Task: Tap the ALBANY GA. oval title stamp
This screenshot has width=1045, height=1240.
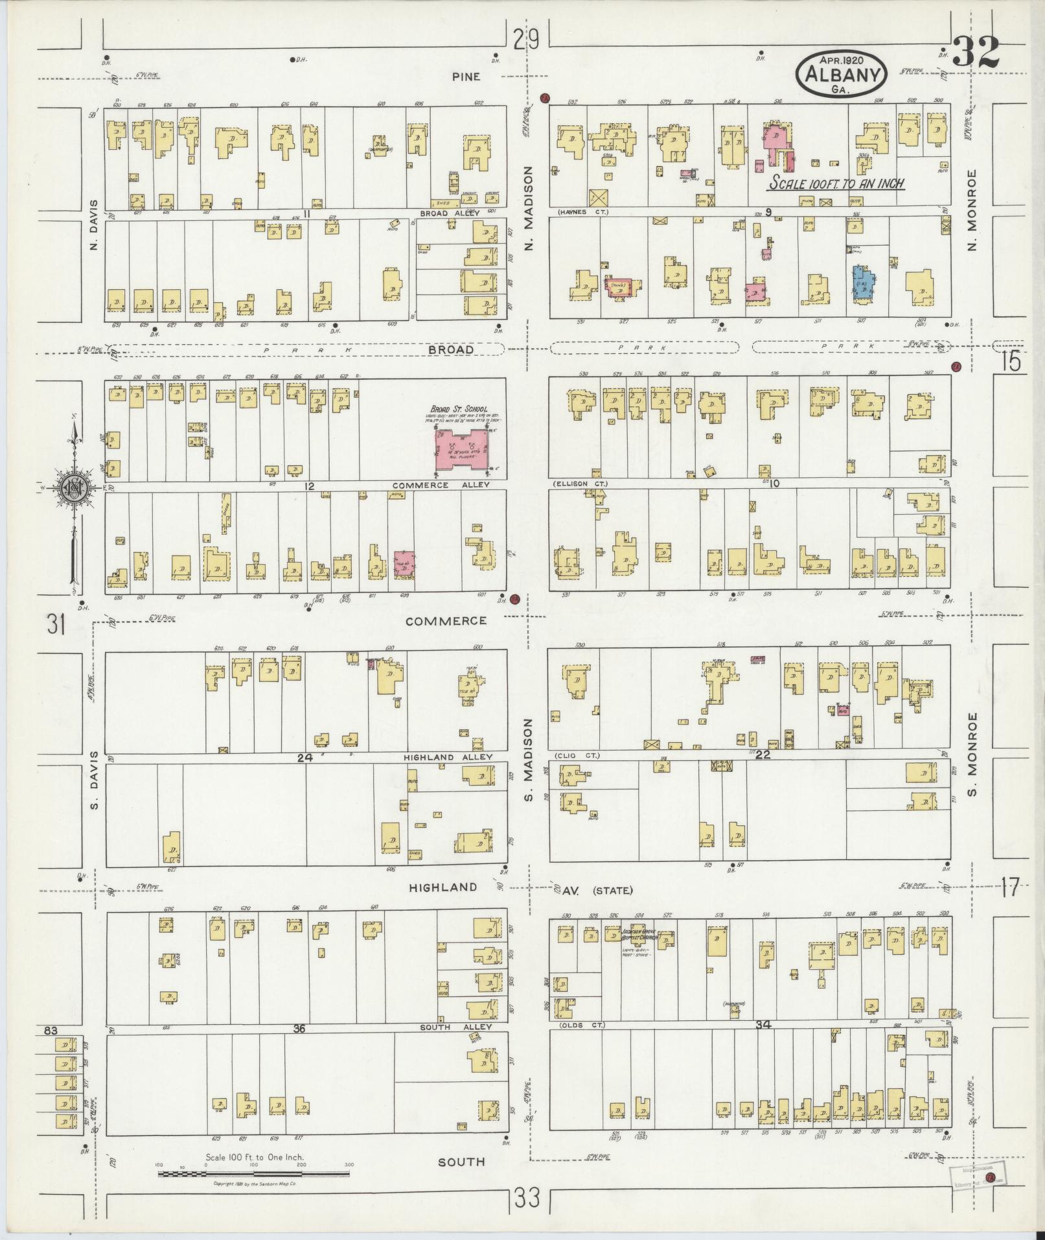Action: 841,74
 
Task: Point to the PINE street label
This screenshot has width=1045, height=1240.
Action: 466,76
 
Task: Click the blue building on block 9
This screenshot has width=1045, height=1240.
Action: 863,282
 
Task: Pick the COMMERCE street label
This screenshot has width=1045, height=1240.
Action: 446,620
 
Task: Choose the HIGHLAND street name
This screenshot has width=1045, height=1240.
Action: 444,887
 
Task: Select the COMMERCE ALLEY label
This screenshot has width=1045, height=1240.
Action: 441,484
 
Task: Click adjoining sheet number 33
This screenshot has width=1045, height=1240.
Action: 528,1198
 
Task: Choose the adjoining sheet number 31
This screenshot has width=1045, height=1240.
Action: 56,625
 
